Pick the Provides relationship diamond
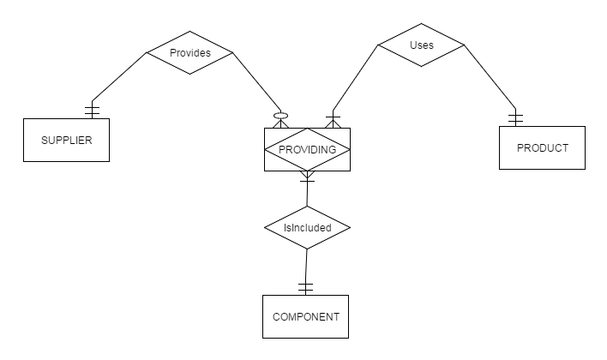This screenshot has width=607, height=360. [x=189, y=53]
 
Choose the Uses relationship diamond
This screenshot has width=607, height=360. [x=421, y=45]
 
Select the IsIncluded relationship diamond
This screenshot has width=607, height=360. [x=307, y=228]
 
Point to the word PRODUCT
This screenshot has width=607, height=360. [x=542, y=147]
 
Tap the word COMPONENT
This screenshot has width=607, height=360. [x=306, y=317]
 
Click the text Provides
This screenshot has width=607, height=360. [x=189, y=53]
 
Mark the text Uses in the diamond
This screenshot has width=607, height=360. [x=421, y=45]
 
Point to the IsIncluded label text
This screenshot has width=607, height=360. [x=307, y=228]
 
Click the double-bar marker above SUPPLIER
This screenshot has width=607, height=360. [x=91, y=110]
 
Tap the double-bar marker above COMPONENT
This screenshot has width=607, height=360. [x=306, y=285]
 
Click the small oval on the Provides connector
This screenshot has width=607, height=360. [x=278, y=116]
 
